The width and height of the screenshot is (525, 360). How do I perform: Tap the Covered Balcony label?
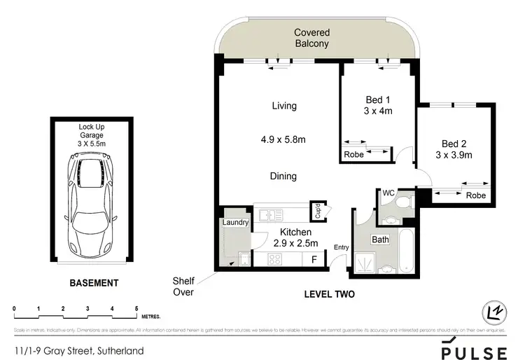pyautogui.click(x=311, y=38)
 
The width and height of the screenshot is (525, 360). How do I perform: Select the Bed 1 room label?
pyautogui.click(x=379, y=105)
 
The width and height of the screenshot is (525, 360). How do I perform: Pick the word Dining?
pyautogui.click(x=284, y=176)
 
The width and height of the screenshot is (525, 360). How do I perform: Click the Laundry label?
pyautogui.click(x=235, y=223)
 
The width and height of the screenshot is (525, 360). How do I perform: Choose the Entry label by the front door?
pyautogui.click(x=342, y=247)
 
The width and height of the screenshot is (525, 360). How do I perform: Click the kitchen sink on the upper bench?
pyautogui.click(x=269, y=214)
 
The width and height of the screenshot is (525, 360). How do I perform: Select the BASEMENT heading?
pyautogui.click(x=93, y=284)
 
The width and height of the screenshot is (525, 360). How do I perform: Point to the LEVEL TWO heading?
pyautogui.click(x=329, y=295)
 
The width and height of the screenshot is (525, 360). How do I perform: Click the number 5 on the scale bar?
pyautogui.click(x=136, y=308)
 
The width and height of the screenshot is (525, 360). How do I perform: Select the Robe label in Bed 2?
pyautogui.click(x=475, y=195)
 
